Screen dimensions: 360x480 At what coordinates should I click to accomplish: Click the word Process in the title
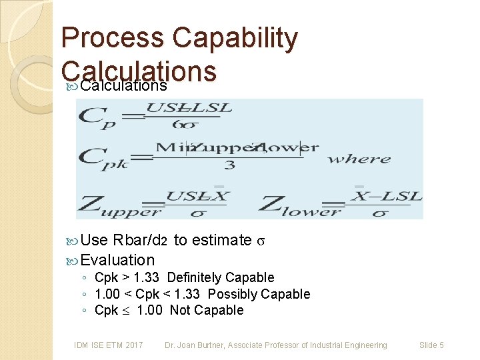[x=112, y=39]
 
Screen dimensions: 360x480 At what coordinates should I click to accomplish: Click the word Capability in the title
[x=235, y=39]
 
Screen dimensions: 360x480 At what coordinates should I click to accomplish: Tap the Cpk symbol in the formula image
[x=103, y=159]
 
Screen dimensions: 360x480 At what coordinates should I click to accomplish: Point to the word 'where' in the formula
[x=359, y=159]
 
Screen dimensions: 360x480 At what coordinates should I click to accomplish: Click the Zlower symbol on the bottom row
[x=298, y=203]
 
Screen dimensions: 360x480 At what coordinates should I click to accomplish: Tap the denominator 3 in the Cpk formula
[x=229, y=165]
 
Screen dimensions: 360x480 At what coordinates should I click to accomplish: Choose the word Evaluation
[x=117, y=260]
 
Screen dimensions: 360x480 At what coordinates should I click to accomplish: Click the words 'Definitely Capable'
[x=221, y=277]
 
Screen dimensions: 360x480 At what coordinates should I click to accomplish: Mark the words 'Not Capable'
[x=207, y=310]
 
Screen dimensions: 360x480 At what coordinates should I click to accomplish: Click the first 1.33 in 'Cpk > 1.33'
[x=145, y=277]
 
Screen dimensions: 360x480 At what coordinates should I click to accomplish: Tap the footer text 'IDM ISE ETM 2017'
[x=108, y=345]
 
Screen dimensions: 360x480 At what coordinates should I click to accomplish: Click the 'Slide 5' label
[x=431, y=345]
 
